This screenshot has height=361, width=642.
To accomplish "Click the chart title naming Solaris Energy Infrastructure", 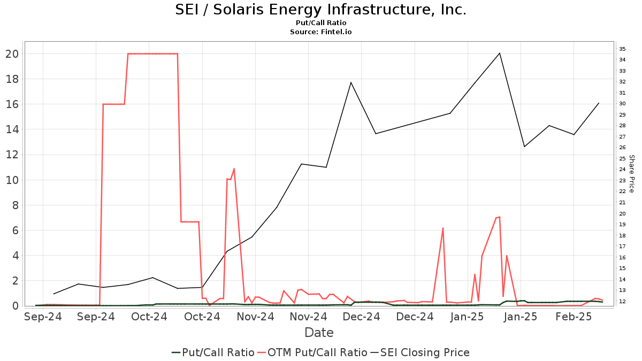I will [x=320, y=10].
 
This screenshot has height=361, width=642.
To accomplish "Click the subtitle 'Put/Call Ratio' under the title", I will [x=320, y=23].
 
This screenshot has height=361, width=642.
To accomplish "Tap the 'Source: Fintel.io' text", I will [x=320, y=32].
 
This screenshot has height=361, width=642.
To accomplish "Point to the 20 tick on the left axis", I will [x=12, y=54].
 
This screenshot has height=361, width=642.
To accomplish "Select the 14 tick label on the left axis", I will [x=12, y=129].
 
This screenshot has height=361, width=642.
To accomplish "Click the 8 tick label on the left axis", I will [x=16, y=205].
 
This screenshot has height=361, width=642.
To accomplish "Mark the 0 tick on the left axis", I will [x=16, y=306].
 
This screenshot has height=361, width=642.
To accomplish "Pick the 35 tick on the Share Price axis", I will [x=622, y=49].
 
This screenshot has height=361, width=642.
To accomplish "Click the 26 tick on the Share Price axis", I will [x=622, y=148].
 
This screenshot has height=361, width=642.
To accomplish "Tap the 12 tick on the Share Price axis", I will [x=622, y=302].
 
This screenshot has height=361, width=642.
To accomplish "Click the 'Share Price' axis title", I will [x=631, y=174].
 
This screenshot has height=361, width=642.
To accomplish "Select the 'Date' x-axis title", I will [x=319, y=333].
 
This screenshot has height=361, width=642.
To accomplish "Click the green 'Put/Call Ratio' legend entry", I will [x=213, y=352].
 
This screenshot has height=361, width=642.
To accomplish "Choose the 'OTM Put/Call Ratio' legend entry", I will [x=312, y=352].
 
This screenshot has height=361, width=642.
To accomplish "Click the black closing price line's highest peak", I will [x=500, y=53].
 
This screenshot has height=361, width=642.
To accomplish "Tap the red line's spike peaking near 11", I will [x=234, y=169].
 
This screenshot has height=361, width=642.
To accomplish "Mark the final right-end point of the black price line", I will [x=599, y=103].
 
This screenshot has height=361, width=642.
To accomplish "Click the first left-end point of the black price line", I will [x=53, y=294].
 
